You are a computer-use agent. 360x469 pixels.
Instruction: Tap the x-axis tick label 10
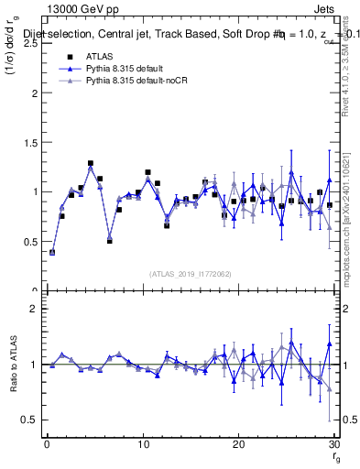[142, 444]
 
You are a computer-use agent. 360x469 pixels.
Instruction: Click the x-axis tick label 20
[238, 444]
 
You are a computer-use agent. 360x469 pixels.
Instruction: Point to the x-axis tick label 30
[333, 444]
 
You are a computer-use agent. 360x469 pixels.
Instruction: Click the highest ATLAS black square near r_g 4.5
[91, 164]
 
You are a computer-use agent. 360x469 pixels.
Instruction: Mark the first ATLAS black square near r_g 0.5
[52, 252]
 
